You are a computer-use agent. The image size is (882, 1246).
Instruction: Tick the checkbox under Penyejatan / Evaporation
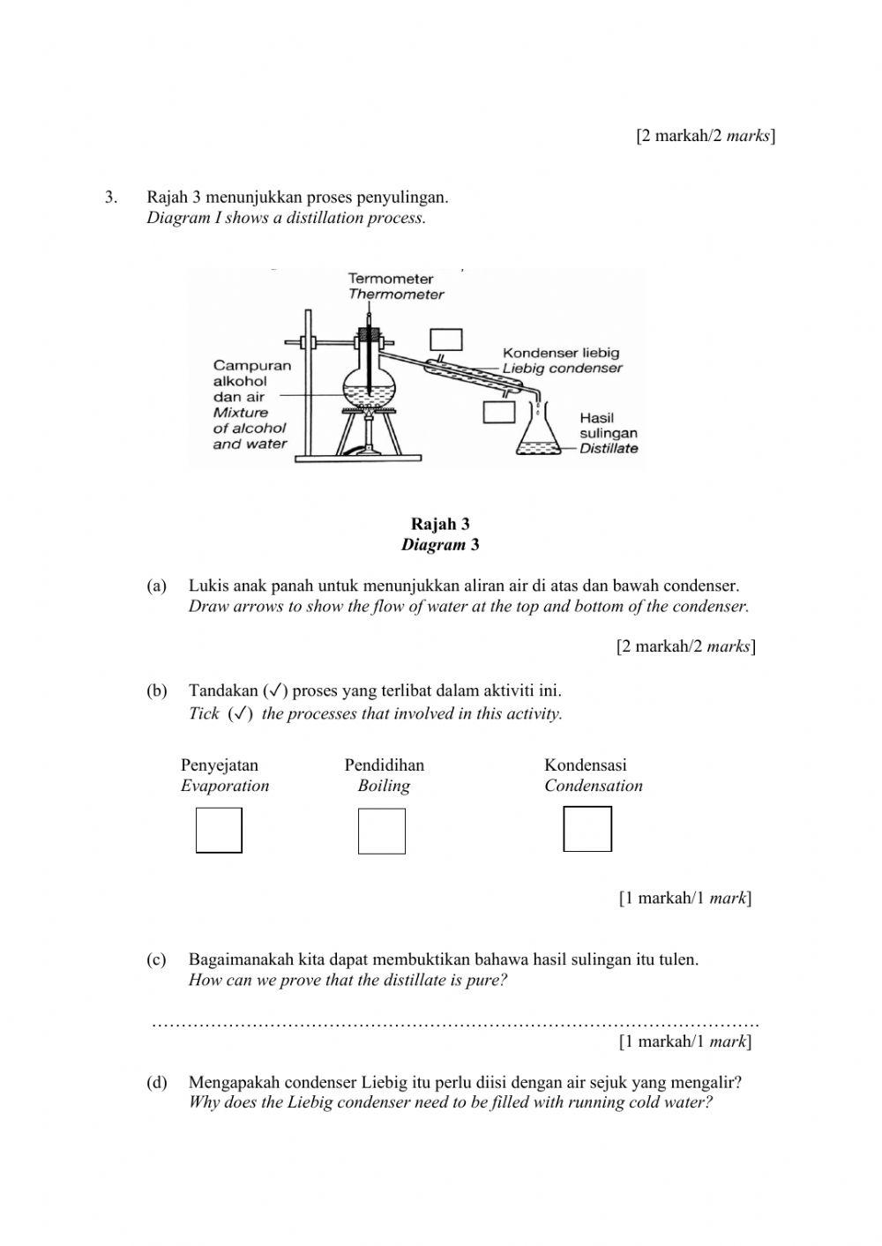219,831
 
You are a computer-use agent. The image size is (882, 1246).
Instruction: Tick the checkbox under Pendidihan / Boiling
382,832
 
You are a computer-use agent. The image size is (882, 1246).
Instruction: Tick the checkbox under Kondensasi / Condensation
587,830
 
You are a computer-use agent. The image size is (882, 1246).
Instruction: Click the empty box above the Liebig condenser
446,340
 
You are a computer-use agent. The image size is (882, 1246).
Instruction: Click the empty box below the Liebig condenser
499,412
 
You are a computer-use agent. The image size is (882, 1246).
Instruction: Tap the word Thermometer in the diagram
396,295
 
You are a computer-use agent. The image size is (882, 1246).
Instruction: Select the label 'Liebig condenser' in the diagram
563,369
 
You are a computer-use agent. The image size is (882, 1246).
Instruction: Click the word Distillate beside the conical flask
609,448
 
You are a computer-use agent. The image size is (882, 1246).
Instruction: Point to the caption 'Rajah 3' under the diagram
440,525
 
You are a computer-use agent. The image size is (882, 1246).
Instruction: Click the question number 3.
110,197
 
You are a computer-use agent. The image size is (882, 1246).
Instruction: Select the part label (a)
156,586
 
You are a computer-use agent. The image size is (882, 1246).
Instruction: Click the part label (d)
156,1082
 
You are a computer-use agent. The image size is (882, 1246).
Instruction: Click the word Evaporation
225,786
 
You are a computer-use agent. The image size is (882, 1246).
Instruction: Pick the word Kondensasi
586,765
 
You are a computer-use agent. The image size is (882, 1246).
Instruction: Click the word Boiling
384,786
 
